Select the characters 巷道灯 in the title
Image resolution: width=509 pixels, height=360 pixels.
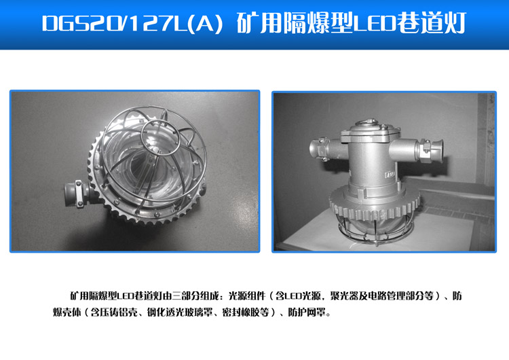(430, 25)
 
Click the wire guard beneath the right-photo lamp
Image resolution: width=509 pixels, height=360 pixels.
(375, 231)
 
